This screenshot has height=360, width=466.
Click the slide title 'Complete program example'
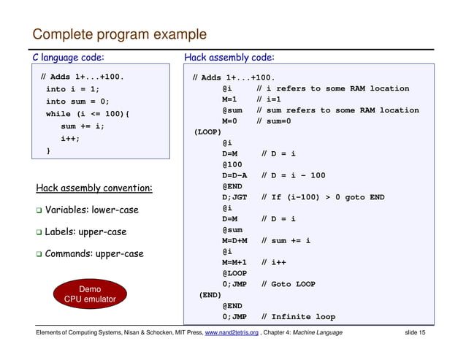click(119, 34)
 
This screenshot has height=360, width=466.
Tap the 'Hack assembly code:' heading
click(229, 58)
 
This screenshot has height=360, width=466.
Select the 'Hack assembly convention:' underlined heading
click(94, 188)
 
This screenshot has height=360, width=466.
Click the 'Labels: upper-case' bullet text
click(86, 232)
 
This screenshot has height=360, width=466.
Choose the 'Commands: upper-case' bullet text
click(95, 254)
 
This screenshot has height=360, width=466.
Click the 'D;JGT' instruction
click(235, 197)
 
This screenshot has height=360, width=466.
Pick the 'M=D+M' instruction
click(235, 240)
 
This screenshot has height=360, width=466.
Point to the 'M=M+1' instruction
click(235, 262)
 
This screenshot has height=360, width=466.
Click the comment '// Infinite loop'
click(298, 317)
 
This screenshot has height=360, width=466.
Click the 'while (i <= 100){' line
click(88, 114)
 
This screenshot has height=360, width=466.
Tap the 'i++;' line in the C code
click(71, 138)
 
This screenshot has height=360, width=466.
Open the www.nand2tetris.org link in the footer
click(234, 333)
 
